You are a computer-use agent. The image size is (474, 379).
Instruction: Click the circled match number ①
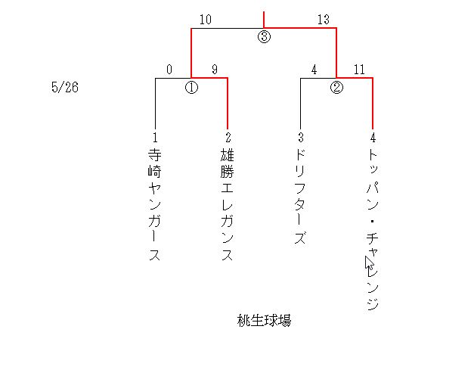click(x=191, y=87)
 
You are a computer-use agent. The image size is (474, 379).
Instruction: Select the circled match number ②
click(x=336, y=87)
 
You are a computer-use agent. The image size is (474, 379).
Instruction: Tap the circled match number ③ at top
click(x=264, y=37)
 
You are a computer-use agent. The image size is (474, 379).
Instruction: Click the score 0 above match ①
click(x=169, y=70)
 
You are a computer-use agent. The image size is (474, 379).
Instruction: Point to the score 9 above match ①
click(x=215, y=70)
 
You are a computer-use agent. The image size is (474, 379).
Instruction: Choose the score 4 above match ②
click(x=314, y=70)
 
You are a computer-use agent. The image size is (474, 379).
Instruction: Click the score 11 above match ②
click(x=359, y=70)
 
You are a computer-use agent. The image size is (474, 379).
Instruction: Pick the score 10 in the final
click(x=205, y=20)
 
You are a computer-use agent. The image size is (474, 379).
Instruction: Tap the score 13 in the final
click(x=323, y=20)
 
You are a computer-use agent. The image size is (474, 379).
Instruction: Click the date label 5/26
click(x=65, y=87)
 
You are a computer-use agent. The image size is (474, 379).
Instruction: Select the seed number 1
click(x=155, y=138)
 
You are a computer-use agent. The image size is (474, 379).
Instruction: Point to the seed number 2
click(x=228, y=138)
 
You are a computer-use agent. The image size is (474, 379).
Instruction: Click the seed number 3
click(x=300, y=138)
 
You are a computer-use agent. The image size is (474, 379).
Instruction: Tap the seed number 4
click(x=373, y=138)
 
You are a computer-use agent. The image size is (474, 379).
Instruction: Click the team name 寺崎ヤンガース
click(x=155, y=204)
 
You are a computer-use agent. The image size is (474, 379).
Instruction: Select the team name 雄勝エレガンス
click(x=228, y=204)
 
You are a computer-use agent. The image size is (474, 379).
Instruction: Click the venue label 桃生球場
click(x=264, y=321)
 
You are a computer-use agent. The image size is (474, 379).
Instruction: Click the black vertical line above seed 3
click(x=300, y=102)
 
